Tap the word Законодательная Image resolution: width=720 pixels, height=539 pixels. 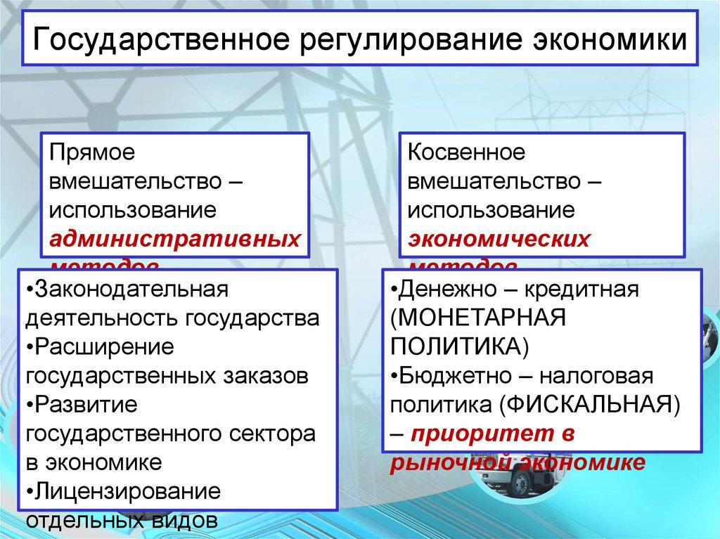coord(127,290)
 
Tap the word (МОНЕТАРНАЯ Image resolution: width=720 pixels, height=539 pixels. coord(478,318)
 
